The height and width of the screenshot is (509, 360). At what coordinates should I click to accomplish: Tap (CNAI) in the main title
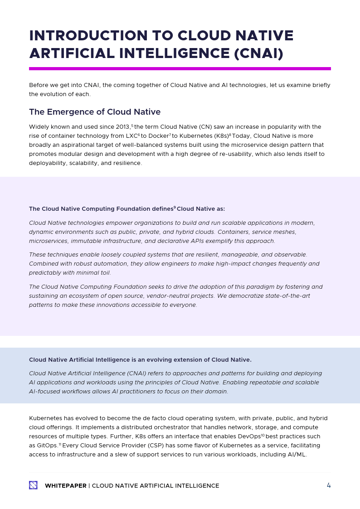point(258,53)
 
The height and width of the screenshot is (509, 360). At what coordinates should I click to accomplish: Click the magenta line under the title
point(180,68)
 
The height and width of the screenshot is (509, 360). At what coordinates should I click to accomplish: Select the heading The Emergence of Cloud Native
point(94,112)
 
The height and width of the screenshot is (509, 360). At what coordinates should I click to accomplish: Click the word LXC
point(131,136)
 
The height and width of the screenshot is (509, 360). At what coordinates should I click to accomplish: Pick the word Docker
point(158,136)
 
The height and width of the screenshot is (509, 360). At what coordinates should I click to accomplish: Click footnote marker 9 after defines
point(175,208)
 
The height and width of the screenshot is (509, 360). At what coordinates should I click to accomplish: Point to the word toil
point(104,273)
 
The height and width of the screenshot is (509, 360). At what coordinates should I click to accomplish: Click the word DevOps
point(249,436)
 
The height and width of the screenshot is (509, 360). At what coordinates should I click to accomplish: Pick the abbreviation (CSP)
point(147,446)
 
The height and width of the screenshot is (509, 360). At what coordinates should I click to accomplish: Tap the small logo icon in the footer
point(33,485)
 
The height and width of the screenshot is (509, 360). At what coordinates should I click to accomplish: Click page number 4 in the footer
point(329,485)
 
